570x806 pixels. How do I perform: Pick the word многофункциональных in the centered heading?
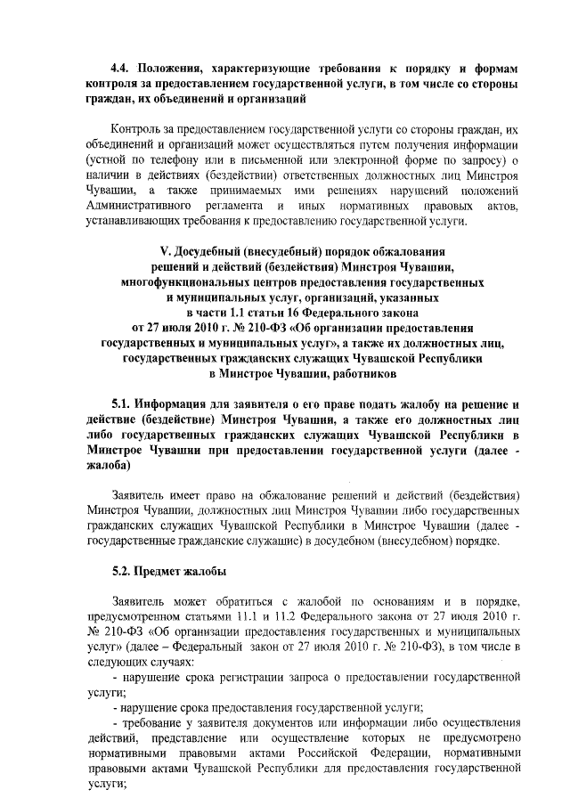point(186,281)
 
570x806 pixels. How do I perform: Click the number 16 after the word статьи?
point(310,313)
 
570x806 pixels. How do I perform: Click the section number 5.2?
point(122,571)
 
